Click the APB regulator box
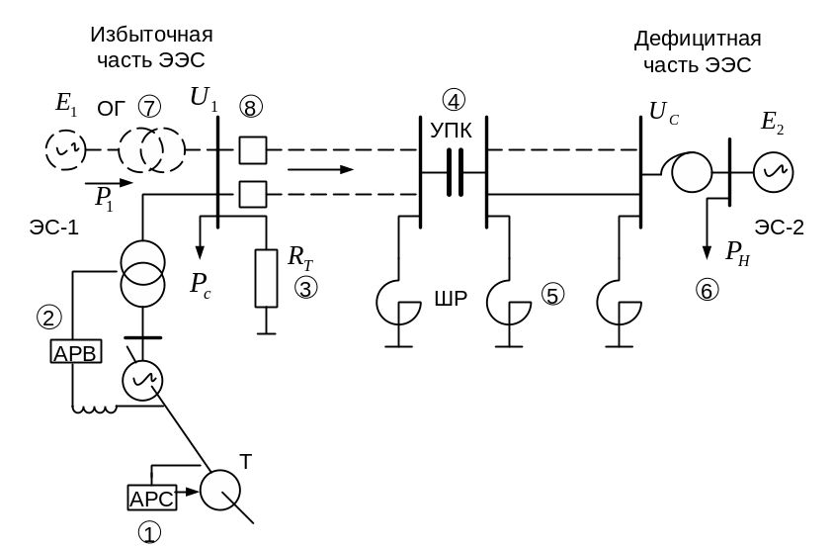pos(75,352)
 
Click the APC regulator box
pos(151,498)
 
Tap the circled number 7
pos(149,107)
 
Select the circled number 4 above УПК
pos(454,100)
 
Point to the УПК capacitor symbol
pos(454,172)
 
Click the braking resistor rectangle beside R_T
pos(266,278)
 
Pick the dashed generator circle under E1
pos(65,150)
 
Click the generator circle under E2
pos(774,172)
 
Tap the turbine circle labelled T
pos(219,490)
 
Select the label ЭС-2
pos(780,228)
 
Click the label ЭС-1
pos(54,228)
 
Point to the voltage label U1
pos(204,99)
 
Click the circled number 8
pos(251,107)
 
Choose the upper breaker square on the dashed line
pos(253,149)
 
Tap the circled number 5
pos(552,295)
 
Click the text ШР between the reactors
pos(451,299)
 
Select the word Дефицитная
pos(698,39)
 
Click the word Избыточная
pos(151,35)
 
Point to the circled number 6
pos(707,291)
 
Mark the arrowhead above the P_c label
pos(200,252)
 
